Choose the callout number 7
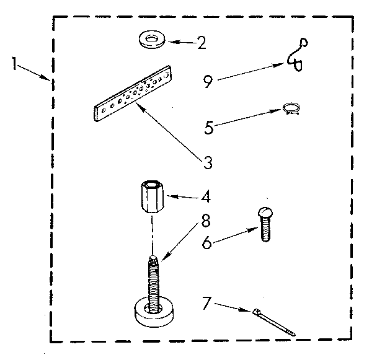click(x=206, y=303)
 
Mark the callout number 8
click(x=205, y=221)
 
